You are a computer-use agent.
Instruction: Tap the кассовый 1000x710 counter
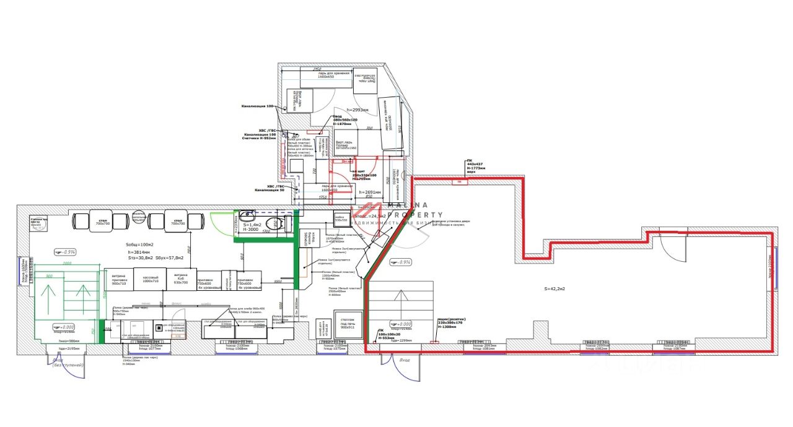[151, 278]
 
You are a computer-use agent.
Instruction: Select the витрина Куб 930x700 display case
[180, 278]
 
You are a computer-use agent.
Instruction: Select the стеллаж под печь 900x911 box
[348, 324]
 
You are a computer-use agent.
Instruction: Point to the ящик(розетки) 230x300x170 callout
[451, 323]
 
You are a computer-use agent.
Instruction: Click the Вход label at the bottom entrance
[405, 360]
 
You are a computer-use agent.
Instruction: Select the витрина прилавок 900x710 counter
[119, 278]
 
